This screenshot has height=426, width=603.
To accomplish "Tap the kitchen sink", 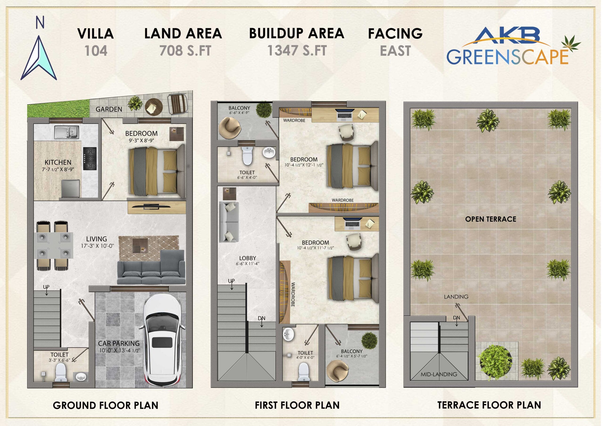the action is click(x=67, y=133).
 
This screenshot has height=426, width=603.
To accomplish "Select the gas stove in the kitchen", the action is click(x=90, y=159).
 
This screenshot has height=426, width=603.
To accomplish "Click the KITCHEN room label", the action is click(x=58, y=162).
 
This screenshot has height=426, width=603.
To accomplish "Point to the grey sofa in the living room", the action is click(x=151, y=267).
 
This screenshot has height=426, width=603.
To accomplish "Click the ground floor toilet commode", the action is click(x=61, y=373).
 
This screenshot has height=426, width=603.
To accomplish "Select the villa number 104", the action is click(x=96, y=51).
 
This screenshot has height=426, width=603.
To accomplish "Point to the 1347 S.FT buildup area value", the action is click(x=297, y=50).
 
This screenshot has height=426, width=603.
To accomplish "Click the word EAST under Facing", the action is click(x=395, y=51).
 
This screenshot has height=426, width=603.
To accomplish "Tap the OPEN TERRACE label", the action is click(x=491, y=219).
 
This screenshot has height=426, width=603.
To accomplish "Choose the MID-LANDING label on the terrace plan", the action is click(x=439, y=374).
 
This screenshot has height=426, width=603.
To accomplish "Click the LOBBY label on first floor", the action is click(x=247, y=258).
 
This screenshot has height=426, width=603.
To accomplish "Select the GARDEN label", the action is click(x=109, y=109).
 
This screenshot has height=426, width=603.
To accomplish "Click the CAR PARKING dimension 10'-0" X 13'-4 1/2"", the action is click(x=119, y=350).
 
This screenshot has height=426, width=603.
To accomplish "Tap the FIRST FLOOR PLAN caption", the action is click(x=297, y=405).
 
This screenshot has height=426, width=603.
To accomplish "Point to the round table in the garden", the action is click(x=154, y=107).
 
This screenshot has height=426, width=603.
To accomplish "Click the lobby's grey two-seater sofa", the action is click(x=229, y=222).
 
